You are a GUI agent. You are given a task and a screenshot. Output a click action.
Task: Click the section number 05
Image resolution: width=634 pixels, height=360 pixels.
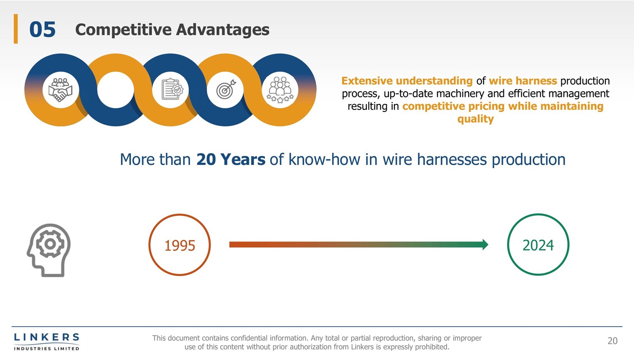[42, 30]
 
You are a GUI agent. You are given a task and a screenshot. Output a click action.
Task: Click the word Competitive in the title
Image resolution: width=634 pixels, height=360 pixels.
[123, 30]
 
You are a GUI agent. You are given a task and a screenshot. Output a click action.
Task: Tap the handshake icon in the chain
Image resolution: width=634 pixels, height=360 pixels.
[60, 90]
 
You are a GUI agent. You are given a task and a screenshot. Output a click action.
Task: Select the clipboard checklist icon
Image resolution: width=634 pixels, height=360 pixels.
[172, 89]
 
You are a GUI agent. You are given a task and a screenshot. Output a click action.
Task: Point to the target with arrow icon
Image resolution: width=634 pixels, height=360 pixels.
[226, 89]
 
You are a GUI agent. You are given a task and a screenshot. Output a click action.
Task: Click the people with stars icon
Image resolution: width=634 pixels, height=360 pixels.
[280, 90]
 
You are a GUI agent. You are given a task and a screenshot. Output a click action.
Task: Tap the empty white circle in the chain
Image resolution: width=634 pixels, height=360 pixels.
[115, 90]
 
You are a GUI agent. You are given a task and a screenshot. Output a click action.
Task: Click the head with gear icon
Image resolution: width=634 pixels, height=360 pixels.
[49, 250]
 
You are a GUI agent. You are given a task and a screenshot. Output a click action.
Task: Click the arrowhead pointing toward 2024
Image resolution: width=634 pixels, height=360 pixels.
[485, 245]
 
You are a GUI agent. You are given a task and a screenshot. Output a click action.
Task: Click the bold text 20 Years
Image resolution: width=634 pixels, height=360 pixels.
[231, 159]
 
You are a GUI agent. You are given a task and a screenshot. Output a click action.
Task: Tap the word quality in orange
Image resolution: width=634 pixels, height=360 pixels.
[475, 119]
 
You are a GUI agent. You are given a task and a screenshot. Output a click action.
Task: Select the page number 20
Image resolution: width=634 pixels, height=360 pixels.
[612, 341]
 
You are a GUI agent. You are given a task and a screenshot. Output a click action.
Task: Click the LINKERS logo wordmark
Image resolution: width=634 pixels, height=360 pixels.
[46, 337]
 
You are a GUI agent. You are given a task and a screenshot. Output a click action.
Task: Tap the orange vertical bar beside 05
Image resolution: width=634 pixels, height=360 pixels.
[16, 29]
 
